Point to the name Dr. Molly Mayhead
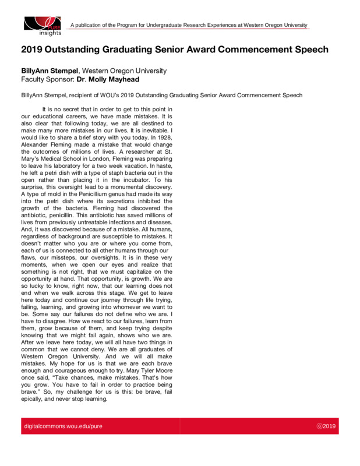point(104,79)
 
